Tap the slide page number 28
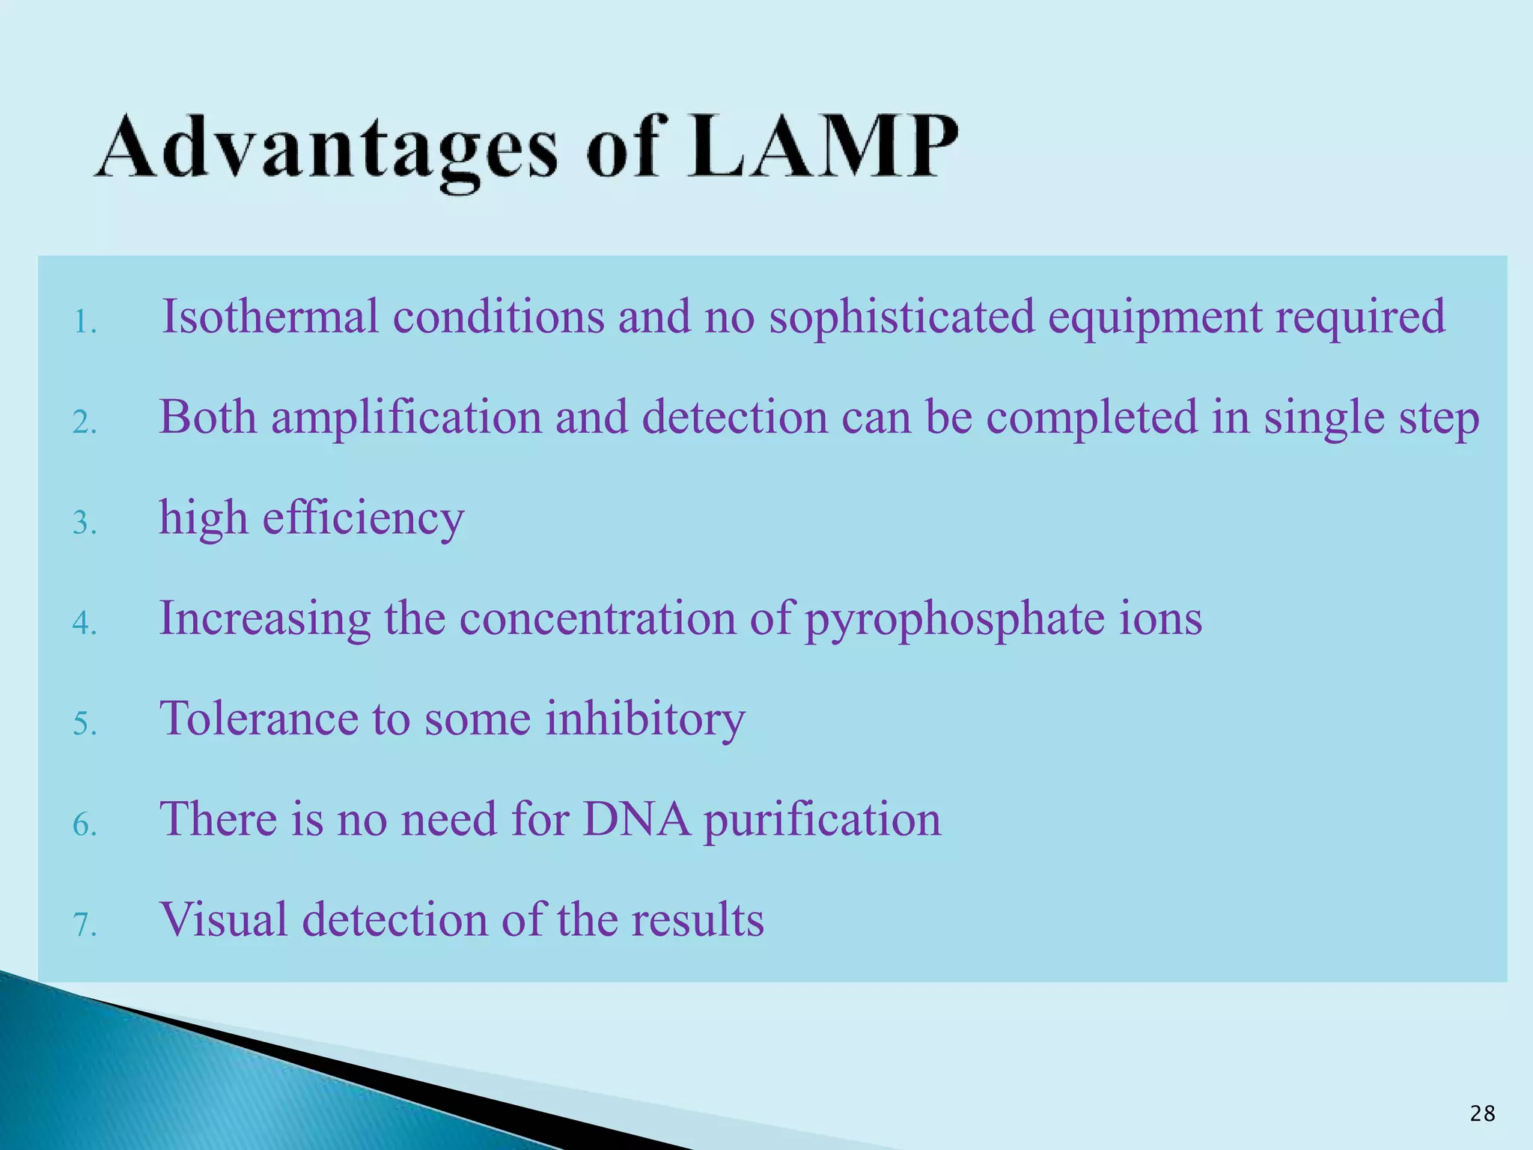click(x=1482, y=1114)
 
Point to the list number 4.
click(x=85, y=623)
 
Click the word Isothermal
click(x=270, y=316)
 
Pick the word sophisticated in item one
click(x=901, y=317)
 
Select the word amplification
click(x=406, y=418)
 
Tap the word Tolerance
click(x=259, y=719)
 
